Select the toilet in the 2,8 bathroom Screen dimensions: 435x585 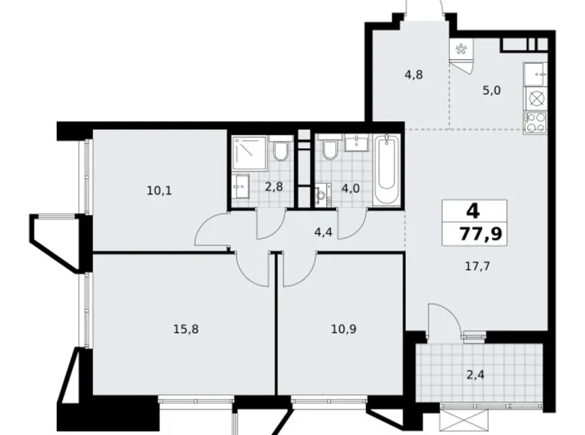coord(281,151)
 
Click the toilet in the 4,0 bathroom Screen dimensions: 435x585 coord(328,151)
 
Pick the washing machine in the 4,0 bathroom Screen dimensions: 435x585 coord(323,196)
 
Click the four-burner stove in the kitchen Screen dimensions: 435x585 coord(535,122)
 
